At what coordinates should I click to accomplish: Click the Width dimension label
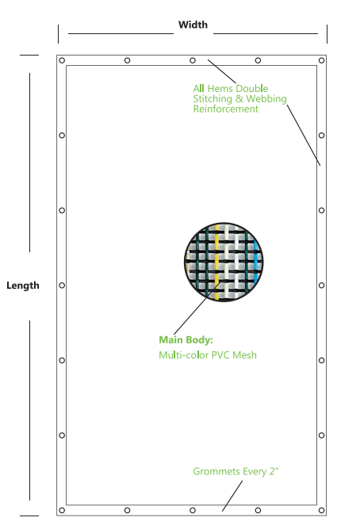coord(193,25)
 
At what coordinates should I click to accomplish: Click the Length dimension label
coord(23,286)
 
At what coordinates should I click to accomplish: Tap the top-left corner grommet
coord(62,60)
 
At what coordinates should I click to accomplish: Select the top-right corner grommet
coord(321,60)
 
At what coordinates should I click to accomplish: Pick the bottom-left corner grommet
coord(62,511)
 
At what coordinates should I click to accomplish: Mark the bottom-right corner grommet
coord(321,511)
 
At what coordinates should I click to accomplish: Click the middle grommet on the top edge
coord(193,60)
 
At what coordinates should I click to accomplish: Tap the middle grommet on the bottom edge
coord(193,511)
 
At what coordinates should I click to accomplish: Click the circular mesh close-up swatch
coord(224,262)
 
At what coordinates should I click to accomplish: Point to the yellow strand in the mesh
coord(216,262)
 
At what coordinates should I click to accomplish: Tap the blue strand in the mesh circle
coord(255,262)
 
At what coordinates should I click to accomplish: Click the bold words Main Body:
coord(186,339)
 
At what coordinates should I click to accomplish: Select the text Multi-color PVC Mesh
coord(208,355)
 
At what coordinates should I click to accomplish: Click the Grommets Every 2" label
coord(236,471)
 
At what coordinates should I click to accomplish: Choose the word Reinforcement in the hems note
coord(226,109)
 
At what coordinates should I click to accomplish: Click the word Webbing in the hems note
coord(266,99)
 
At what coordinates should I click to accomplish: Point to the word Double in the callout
coord(252,88)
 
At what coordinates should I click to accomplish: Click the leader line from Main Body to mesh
coord(197,308)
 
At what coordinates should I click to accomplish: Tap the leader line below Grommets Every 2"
coord(232,496)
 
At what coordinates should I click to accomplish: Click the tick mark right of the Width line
coord(327,34)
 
